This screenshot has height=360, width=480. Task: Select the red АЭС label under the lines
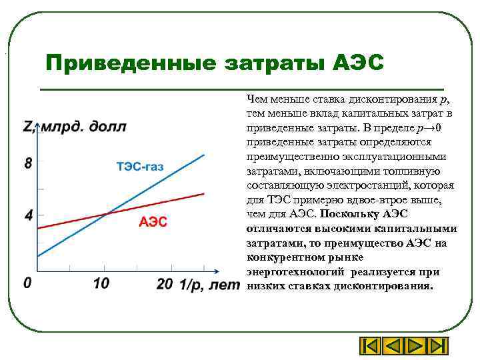pyautogui.click(x=153, y=222)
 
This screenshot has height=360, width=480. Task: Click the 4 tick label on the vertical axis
pyautogui.click(x=27, y=216)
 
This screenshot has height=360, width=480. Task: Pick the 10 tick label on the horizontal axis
pyautogui.click(x=101, y=284)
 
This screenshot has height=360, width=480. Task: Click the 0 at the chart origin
pyautogui.click(x=27, y=283)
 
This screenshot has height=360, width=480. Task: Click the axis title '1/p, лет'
pyautogui.click(x=208, y=285)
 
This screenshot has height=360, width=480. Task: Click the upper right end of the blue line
pyautogui.click(x=204, y=155)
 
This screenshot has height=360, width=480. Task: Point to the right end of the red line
pyautogui.click(x=204, y=193)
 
